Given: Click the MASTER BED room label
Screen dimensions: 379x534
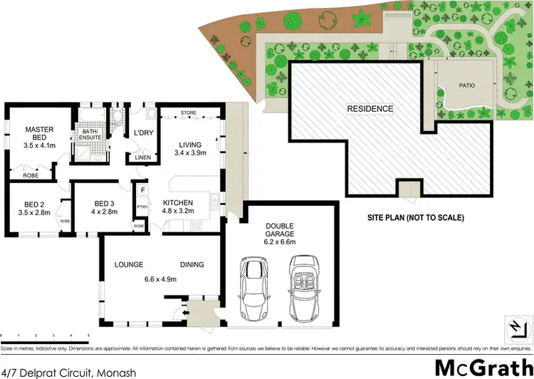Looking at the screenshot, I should tap(39, 133).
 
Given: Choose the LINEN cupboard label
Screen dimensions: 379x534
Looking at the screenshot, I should tap(142, 157).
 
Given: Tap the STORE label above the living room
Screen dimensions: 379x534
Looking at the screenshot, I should tap(188, 113).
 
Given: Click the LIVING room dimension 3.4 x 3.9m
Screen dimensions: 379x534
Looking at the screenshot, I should tap(190, 153).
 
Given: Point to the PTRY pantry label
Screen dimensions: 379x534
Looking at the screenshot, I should tap(142, 207).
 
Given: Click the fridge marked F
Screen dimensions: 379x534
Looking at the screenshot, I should tap(142, 190).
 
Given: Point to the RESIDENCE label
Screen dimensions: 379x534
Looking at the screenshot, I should tap(370, 109).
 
